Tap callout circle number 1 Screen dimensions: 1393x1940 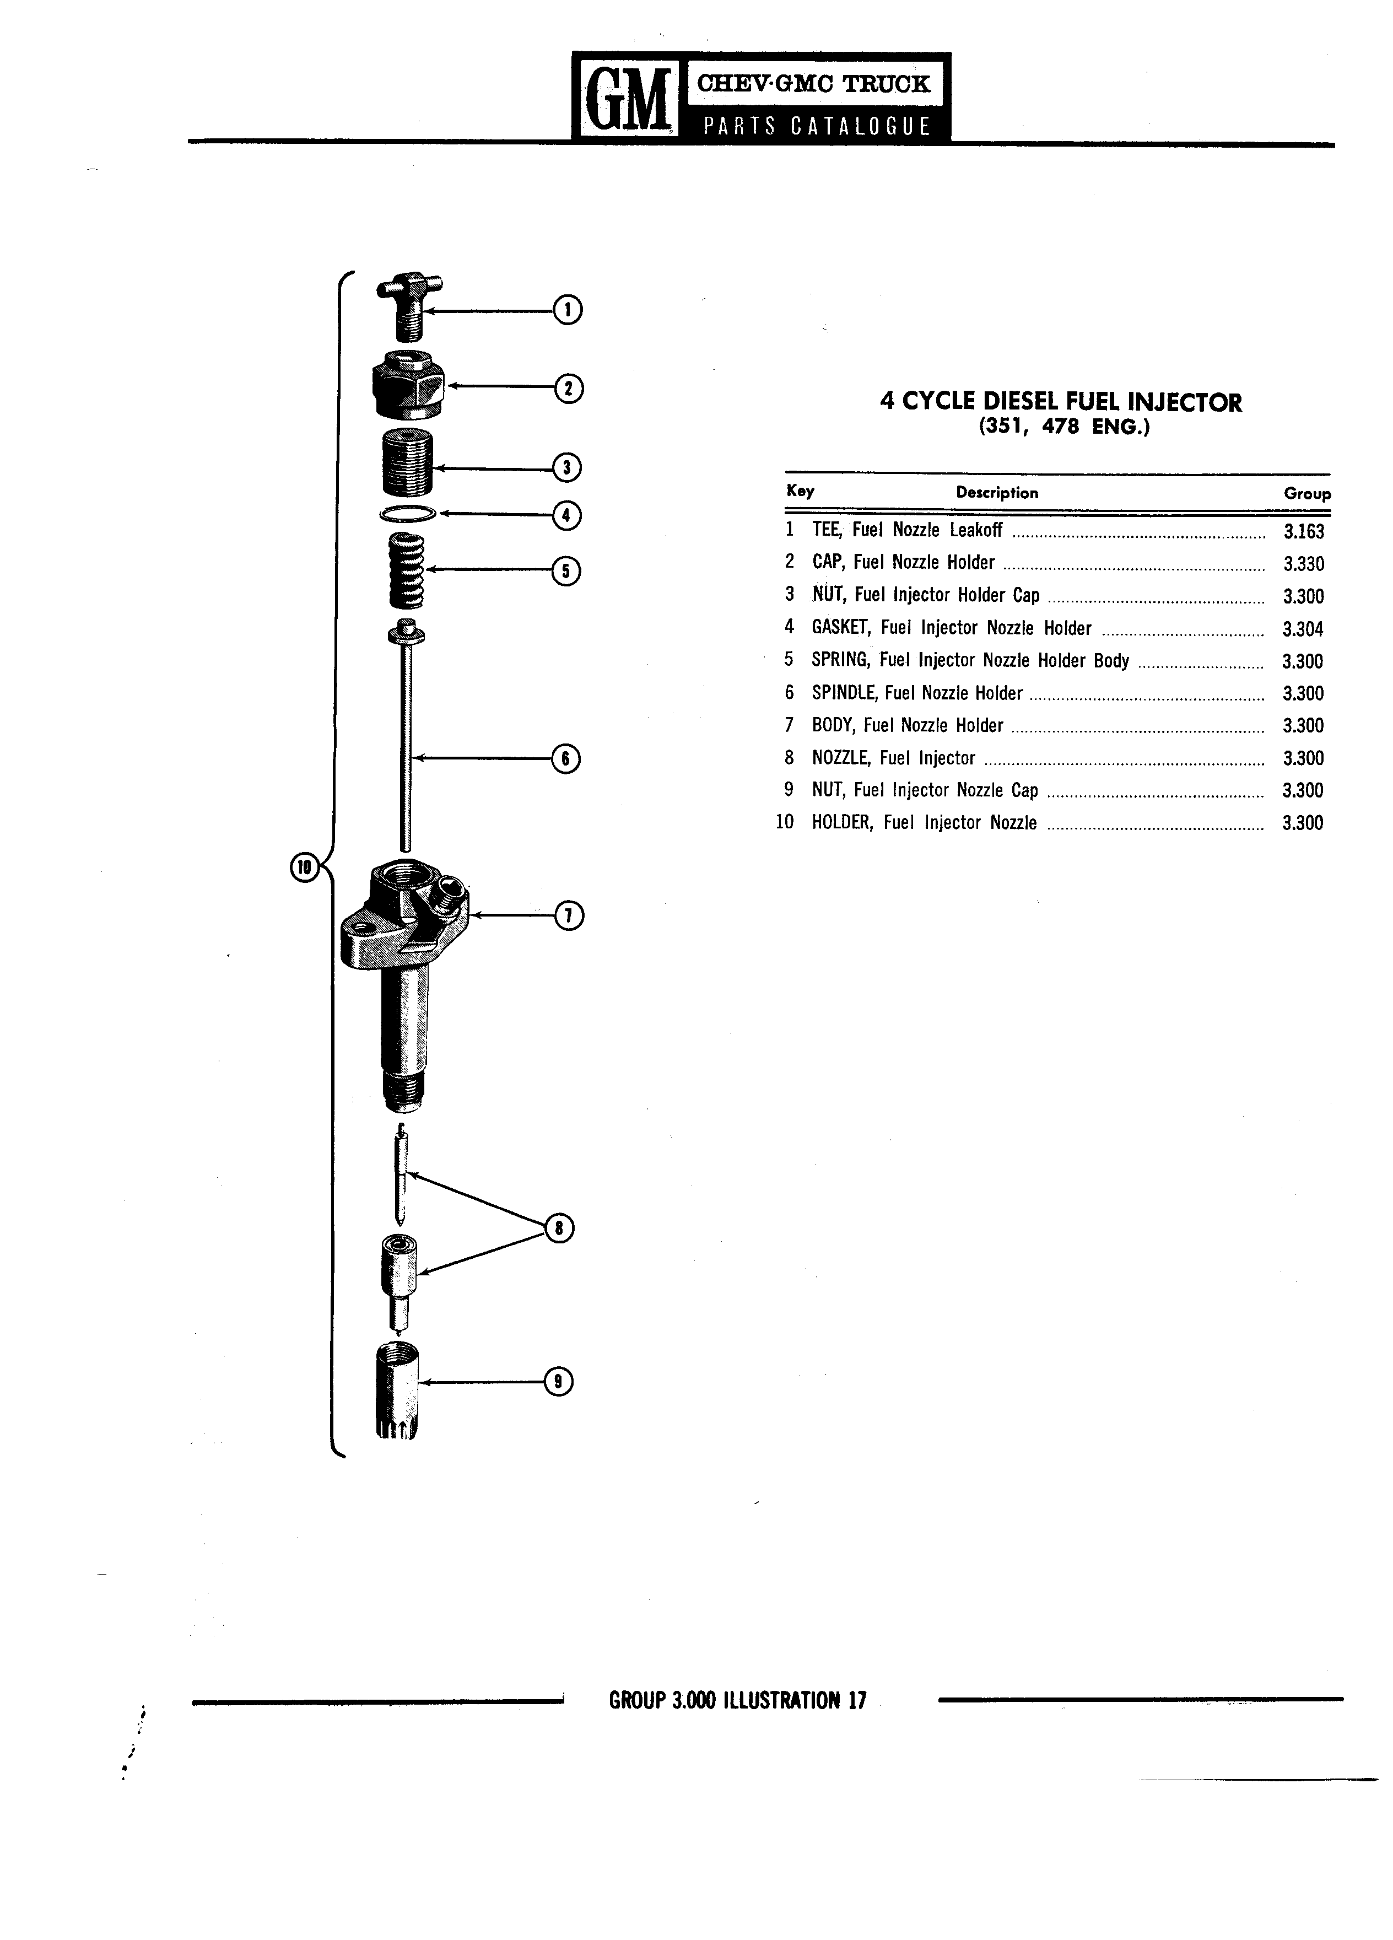tap(568, 310)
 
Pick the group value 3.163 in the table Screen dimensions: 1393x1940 tap(1303, 531)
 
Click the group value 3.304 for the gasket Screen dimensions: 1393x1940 tap(1303, 629)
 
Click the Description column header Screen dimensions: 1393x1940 tap(997, 493)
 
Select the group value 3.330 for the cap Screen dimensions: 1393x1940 tap(1303, 564)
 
